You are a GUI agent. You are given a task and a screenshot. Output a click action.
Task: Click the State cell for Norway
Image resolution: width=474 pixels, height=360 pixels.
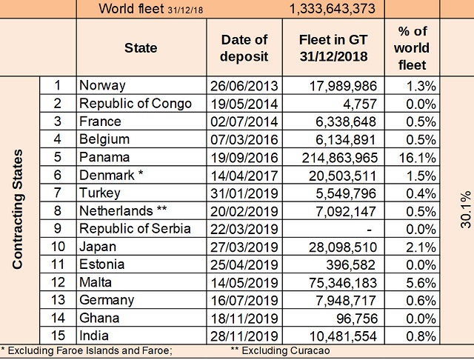click(x=102, y=85)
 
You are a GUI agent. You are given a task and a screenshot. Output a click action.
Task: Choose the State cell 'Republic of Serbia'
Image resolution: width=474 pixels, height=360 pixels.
click(x=135, y=229)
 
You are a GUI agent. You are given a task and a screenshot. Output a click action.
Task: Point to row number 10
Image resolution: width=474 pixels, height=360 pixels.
click(x=58, y=247)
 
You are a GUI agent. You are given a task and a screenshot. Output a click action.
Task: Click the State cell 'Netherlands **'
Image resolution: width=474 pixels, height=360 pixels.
click(x=120, y=210)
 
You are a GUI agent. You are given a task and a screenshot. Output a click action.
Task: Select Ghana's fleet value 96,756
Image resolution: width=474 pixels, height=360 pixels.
click(x=357, y=319)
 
